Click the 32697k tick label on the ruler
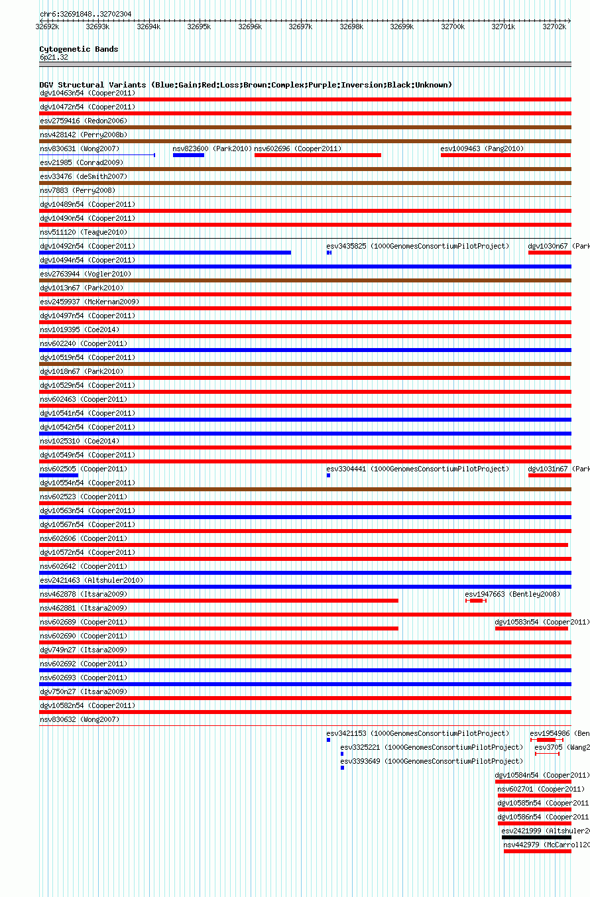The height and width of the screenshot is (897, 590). [300, 27]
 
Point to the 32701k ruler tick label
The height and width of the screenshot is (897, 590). [503, 27]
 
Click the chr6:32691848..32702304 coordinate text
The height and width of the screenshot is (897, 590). [86, 14]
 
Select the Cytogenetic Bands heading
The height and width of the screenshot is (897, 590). [78, 49]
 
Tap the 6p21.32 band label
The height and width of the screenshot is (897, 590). [54, 57]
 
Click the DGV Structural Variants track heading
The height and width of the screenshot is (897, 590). [245, 85]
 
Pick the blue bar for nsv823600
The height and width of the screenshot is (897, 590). [188, 155]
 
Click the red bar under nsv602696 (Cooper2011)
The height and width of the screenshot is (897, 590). [318, 155]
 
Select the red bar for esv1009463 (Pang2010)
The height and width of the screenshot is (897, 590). [505, 155]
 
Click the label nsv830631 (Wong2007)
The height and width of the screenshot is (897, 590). [80, 149]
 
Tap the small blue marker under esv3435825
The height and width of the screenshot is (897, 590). [329, 253]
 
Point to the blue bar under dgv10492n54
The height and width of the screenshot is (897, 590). [164, 253]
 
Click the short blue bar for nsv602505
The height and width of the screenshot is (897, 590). [58, 475]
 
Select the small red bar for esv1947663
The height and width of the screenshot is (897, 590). [476, 601]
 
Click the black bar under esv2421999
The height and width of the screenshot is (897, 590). [536, 837]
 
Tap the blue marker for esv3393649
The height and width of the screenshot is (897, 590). [342, 768]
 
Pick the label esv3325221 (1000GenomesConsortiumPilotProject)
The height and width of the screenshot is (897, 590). [432, 747]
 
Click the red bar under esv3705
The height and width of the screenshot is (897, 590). [547, 754]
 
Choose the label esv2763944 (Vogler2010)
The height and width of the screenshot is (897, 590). [86, 274]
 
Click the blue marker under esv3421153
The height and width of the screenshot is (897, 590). [328, 740]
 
